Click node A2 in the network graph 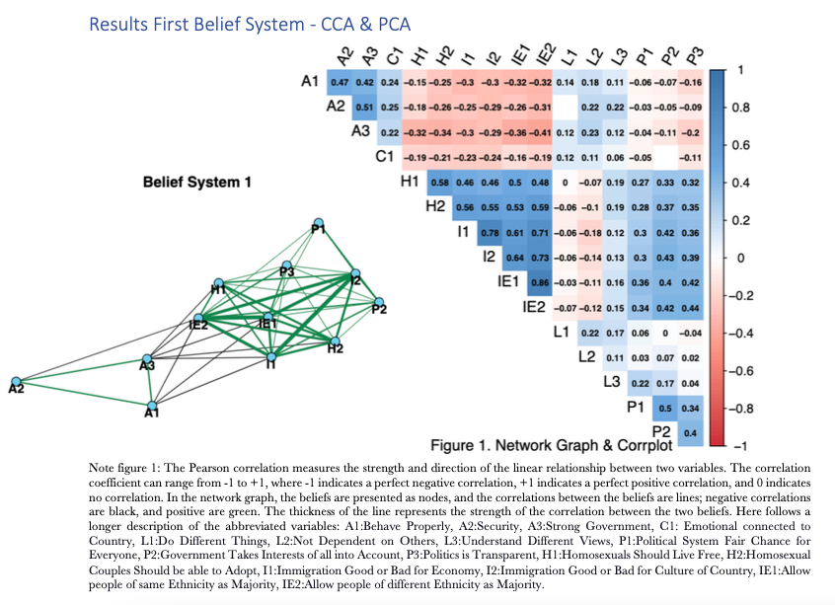(15, 380)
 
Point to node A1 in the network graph (151, 404)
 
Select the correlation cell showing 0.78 (488, 233)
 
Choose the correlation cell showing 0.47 (340, 81)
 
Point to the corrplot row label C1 (385, 157)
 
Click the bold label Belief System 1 (197, 182)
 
